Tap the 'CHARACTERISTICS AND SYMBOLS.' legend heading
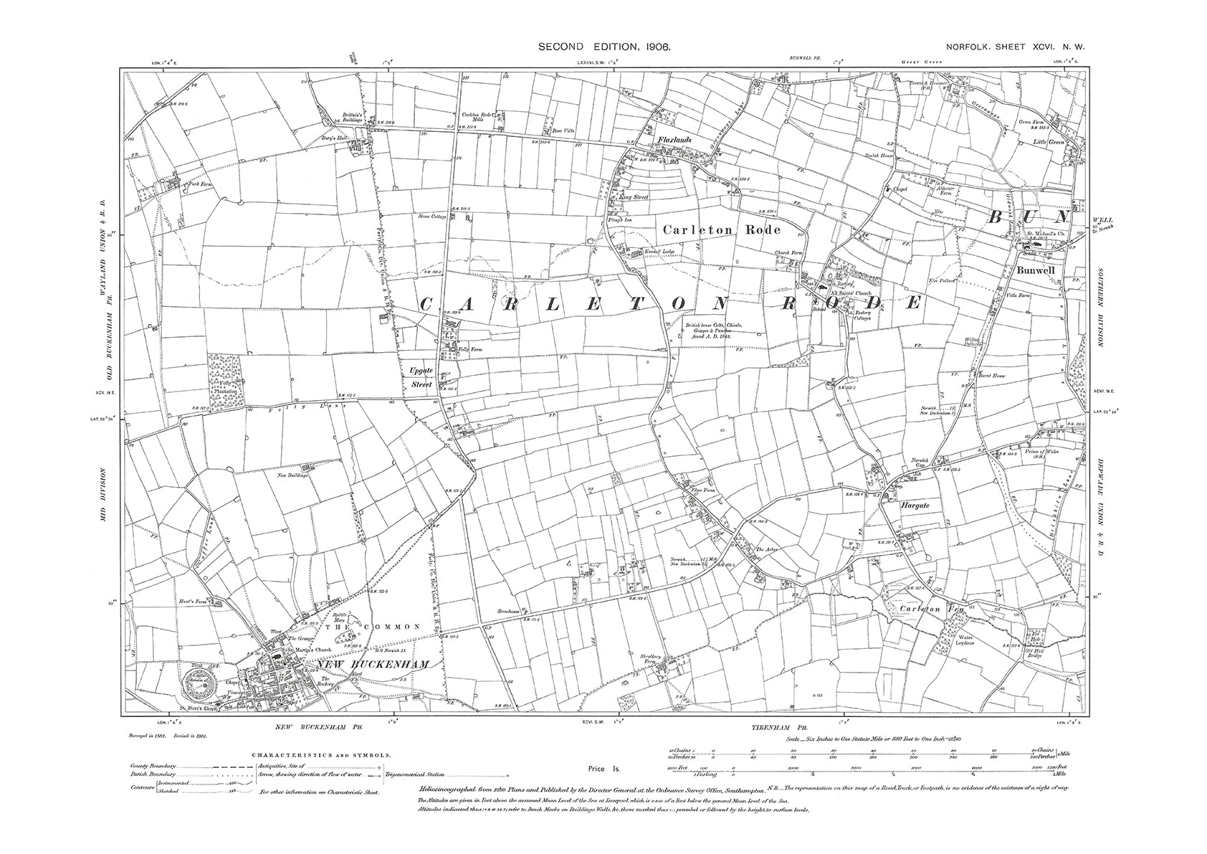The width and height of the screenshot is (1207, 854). point(321,755)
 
